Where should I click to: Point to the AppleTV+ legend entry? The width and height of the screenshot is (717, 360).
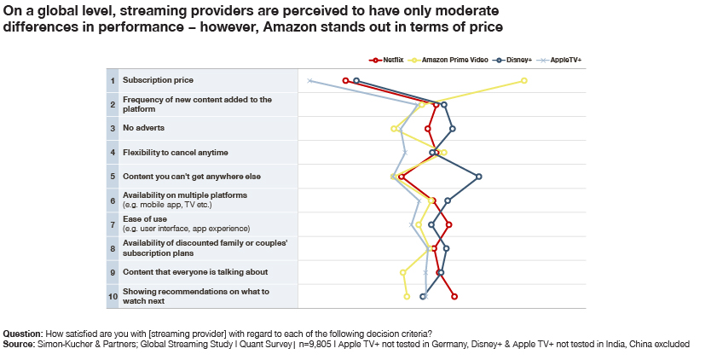pos(566,61)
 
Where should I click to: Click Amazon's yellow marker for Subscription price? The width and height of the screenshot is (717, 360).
pos(524,81)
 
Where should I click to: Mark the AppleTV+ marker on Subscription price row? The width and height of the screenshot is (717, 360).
pos(310,81)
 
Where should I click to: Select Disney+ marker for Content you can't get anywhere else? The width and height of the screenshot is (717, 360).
pos(479,177)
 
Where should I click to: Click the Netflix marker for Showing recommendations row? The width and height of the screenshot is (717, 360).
pos(454,297)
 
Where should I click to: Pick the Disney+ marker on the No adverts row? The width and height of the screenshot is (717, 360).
pos(452,129)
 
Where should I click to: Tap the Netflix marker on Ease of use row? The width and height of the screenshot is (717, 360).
pos(448,225)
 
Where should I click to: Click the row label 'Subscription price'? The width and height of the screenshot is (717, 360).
pos(158,80)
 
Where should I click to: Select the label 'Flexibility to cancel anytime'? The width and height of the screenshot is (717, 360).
pos(175,153)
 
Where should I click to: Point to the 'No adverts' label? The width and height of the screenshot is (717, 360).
pos(143,128)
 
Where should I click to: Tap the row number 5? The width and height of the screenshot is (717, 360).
pos(113,177)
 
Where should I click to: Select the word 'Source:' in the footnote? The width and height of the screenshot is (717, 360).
pos(18,344)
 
